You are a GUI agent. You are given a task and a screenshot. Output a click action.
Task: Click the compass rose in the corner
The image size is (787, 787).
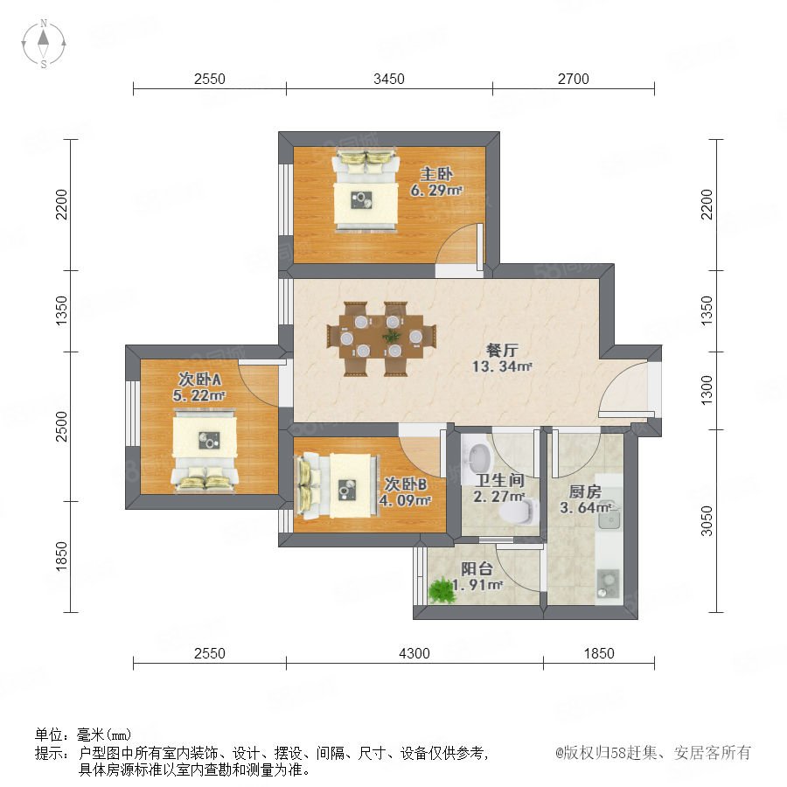coord(44,44)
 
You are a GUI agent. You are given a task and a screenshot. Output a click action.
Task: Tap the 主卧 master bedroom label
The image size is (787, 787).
coord(436,174)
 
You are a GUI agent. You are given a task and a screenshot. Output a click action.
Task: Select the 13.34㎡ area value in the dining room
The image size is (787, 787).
coord(501,366)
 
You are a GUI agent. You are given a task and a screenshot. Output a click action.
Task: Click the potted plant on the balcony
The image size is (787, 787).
coord(442,590)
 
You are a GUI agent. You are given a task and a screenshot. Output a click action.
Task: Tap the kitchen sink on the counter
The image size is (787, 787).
coord(609,516)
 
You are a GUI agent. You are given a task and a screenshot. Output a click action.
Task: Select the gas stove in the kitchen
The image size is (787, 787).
coord(609,584)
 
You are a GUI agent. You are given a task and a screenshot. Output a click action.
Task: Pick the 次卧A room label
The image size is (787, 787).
coord(199,379)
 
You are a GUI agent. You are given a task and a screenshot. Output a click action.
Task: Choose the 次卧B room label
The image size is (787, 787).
coord(406,484)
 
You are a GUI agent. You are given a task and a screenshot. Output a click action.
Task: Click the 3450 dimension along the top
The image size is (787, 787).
coord(389,79)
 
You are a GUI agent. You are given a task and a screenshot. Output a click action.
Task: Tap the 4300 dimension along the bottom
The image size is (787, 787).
coord(414,653)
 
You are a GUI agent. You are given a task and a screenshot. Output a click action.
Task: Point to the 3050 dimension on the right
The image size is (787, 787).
coord(707,521)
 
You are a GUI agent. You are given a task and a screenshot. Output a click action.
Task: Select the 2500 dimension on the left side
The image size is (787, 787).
coord(61,426)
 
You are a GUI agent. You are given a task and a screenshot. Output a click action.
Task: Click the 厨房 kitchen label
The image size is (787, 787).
coord(585,491)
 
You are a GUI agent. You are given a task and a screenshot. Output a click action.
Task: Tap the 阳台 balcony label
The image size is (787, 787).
coord(477,568)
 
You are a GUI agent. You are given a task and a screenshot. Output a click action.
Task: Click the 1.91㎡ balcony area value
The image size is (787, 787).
coord(477,585)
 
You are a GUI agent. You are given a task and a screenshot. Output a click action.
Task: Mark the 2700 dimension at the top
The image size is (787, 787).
coord(573,79)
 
